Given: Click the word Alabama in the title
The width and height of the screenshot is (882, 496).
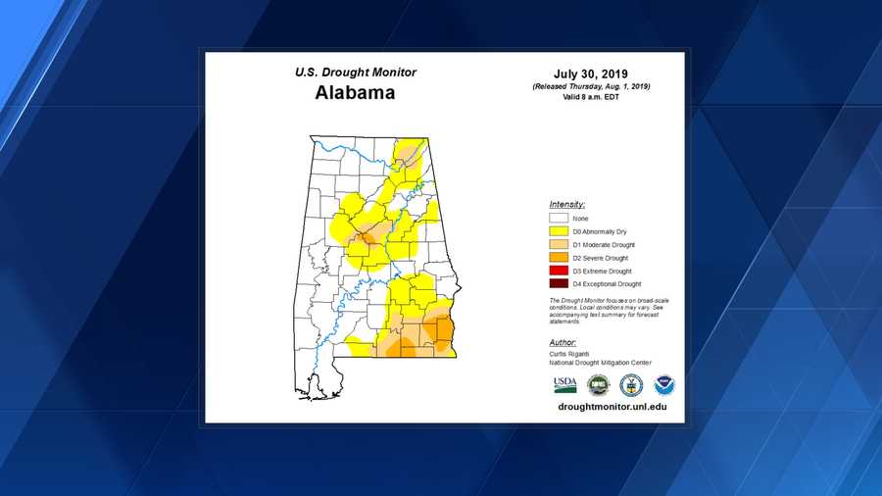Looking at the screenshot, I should [x=355, y=94].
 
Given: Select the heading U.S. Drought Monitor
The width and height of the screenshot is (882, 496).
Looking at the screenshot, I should [x=355, y=73].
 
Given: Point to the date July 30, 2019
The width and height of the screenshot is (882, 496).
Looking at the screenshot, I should [x=590, y=73].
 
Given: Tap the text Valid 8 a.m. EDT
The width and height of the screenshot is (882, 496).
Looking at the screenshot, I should [x=591, y=98].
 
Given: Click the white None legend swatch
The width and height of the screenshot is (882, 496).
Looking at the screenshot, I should [x=559, y=218].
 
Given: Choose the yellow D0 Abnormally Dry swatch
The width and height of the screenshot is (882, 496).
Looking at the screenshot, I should [x=559, y=231].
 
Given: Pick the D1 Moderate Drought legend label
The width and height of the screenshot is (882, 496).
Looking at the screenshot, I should [x=604, y=244].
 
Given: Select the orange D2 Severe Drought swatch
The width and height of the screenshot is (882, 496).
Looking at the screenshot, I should [x=559, y=258].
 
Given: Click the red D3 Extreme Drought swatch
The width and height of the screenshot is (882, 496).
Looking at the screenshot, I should [x=559, y=271].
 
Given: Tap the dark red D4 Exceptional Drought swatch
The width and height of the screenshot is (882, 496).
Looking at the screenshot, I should [x=559, y=283].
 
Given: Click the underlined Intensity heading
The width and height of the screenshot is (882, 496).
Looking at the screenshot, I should [x=567, y=204].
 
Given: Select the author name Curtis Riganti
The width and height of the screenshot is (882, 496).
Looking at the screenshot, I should [x=571, y=354].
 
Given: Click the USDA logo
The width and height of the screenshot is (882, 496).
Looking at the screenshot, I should [x=565, y=384].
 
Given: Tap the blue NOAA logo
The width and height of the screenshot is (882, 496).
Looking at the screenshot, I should [x=664, y=384].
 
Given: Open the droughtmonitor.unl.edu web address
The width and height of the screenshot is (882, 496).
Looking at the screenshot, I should [x=605, y=406].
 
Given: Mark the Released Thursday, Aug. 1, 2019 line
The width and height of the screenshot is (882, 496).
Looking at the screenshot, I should [x=591, y=87].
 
